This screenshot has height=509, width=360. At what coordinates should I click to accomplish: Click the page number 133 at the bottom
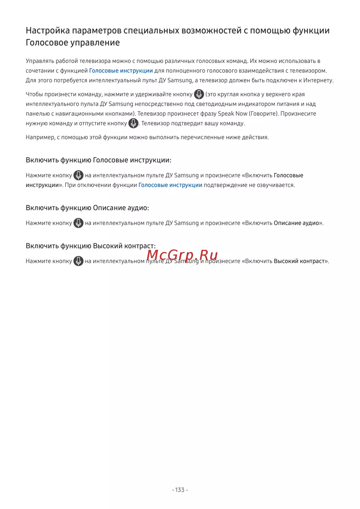180,490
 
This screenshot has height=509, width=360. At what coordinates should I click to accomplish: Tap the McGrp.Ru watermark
182,255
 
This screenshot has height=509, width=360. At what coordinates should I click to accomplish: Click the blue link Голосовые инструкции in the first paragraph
121,71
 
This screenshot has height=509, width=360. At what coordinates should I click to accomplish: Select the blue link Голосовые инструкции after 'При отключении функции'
170,185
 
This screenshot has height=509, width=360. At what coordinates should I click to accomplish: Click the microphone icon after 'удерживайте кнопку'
199,94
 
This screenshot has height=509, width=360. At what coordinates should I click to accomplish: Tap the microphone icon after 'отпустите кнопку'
134,123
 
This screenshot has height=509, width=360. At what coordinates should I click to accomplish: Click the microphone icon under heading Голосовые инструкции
78,175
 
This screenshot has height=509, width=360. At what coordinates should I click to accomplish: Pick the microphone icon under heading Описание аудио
78,223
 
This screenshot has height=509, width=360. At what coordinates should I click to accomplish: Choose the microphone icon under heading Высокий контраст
78,261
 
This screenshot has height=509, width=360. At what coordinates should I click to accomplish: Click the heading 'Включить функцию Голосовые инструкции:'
98,160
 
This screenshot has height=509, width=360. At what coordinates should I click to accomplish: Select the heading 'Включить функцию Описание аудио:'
87,208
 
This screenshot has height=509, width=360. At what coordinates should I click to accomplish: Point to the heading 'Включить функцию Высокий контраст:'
90,246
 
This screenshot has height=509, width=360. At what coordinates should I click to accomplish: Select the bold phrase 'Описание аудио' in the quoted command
296,223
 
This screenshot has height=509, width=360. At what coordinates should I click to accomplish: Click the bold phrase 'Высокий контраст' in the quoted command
299,261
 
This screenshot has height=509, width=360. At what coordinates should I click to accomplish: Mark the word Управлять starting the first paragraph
40,61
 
